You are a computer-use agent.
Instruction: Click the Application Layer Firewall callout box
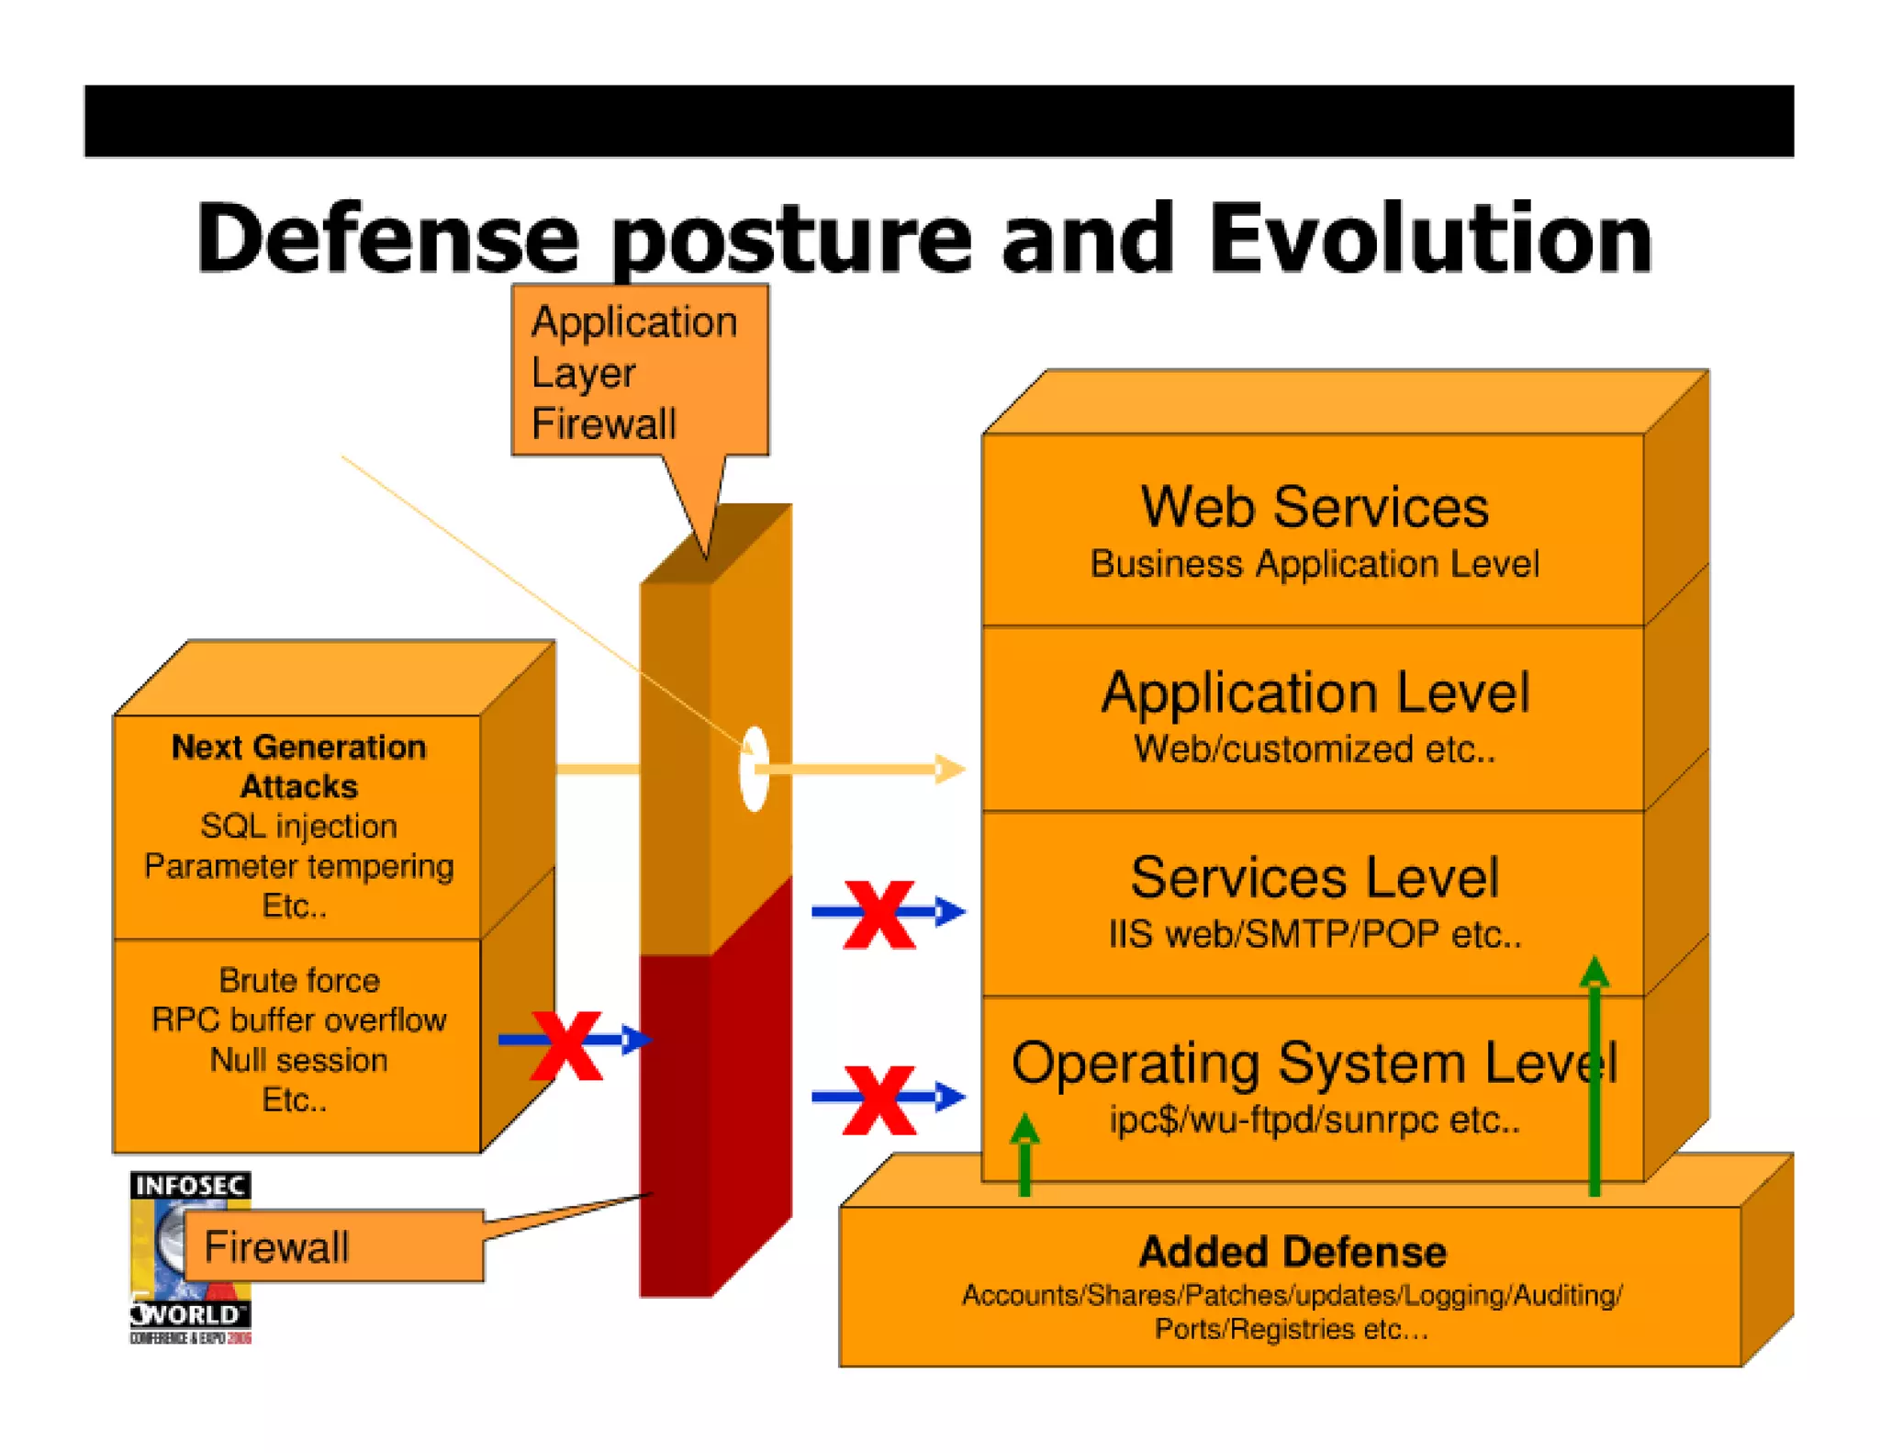640,371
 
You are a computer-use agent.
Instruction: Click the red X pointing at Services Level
878,914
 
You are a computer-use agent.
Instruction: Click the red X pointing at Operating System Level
878,1099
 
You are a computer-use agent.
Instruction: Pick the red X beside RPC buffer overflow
566,1045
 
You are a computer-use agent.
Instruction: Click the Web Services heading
1314,507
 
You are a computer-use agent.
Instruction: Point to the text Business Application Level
1314,564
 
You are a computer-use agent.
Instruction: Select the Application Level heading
1314,693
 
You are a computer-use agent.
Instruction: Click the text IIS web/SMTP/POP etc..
1314,935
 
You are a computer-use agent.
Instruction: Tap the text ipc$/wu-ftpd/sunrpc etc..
1314,1121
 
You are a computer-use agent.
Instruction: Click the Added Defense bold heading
1292,1252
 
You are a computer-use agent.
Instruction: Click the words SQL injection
298,826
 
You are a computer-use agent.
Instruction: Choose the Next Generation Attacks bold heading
298,766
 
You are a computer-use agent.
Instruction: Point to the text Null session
298,1060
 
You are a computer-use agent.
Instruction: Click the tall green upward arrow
1595,1075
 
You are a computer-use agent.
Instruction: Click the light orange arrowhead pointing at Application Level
949,769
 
